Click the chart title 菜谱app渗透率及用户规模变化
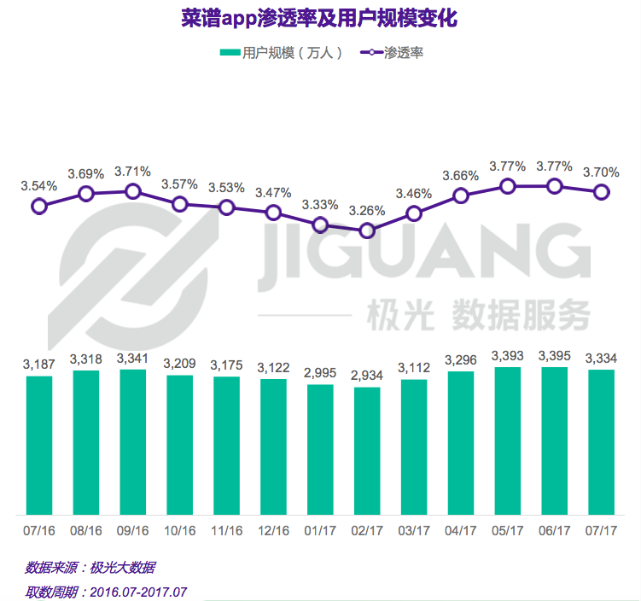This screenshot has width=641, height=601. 320,19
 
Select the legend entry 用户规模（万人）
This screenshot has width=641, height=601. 283,53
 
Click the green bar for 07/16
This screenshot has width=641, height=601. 39,444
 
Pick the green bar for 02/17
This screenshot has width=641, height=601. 367,451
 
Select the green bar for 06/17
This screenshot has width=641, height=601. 555,441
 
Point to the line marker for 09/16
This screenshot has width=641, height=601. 132,192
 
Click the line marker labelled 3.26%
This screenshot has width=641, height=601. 367,230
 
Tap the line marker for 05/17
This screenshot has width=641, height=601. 508,187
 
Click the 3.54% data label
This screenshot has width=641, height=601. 39,185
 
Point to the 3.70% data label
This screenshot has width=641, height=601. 601,172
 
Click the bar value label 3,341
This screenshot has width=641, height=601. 132,357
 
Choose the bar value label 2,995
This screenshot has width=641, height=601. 320,372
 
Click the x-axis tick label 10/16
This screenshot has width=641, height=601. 179,530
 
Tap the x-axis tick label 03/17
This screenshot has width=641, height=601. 414,530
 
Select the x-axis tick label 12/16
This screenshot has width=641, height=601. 273,530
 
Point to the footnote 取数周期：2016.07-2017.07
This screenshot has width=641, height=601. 106,591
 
